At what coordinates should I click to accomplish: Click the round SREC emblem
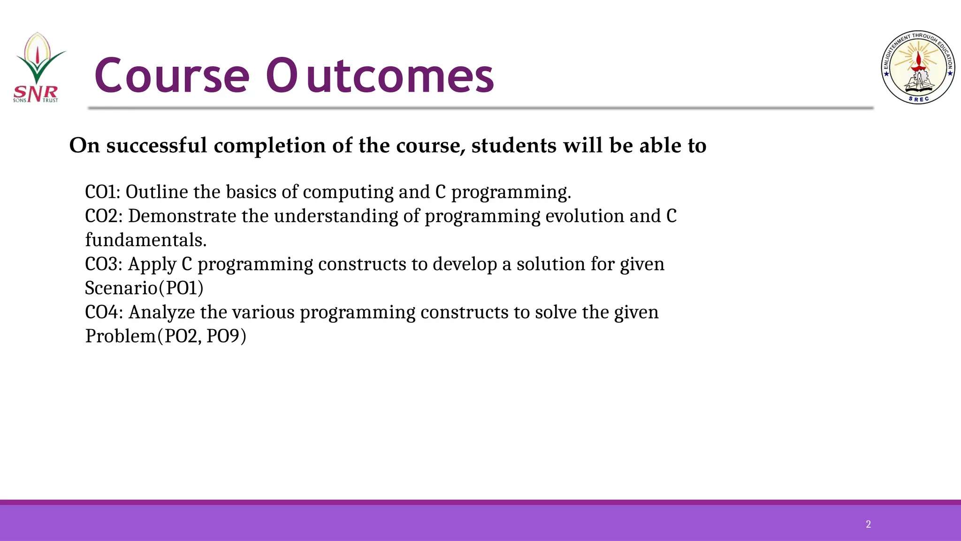tap(918, 68)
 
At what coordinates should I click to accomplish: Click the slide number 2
tap(868, 524)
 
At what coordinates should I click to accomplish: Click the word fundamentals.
tap(145, 240)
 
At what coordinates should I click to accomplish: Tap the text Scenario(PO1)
tap(144, 288)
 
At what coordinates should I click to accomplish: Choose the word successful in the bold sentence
tap(157, 146)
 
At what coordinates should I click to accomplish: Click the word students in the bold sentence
tap(514, 146)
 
